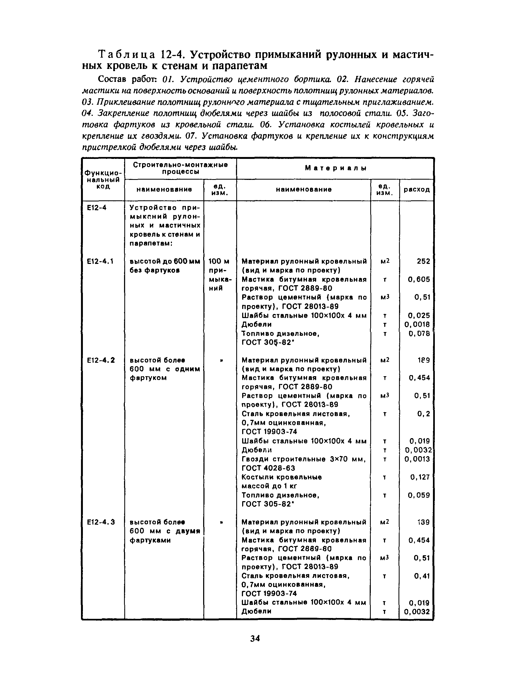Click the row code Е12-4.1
point(100,261)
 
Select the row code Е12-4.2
point(101,360)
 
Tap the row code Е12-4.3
point(101,522)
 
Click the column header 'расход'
point(417,189)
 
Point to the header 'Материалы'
point(336,168)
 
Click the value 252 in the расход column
point(424,261)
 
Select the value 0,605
point(419,279)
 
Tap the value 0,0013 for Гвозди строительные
point(417,459)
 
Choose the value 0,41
point(422,576)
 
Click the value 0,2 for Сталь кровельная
point(424,414)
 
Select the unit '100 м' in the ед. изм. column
point(219,261)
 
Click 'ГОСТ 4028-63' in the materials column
point(268,468)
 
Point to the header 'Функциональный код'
point(103,179)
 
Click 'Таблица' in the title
point(126,55)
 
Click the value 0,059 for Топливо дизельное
point(419,495)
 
